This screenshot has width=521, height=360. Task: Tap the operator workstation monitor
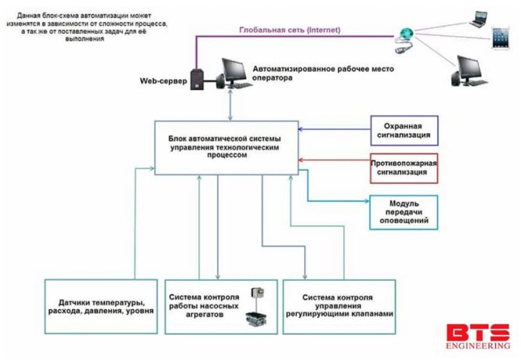[x=231, y=71]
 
